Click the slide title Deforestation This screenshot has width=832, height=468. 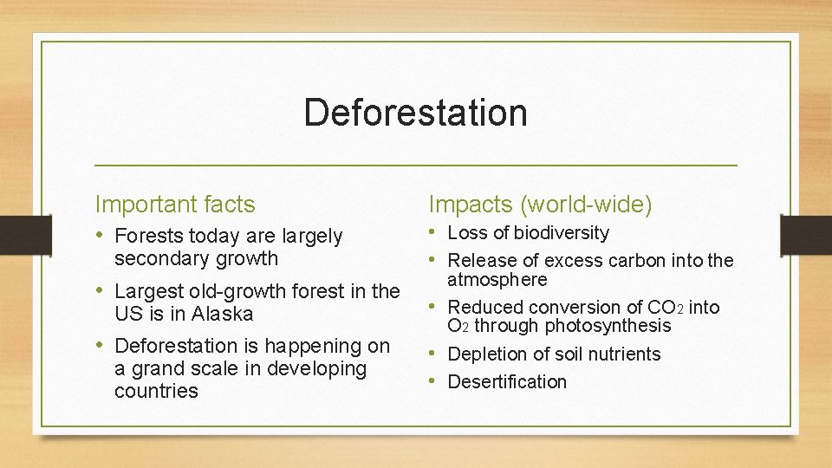(415, 113)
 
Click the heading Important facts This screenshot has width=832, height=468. (175, 205)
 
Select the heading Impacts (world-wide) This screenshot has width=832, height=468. (541, 205)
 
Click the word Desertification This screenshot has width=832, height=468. (507, 382)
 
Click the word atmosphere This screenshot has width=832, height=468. (497, 280)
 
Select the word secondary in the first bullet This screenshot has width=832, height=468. (153, 258)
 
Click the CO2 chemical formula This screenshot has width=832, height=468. (666, 308)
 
